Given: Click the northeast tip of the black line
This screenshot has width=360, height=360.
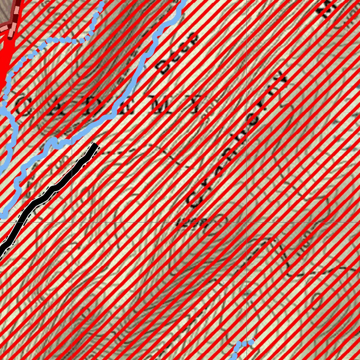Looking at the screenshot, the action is coord(95,145).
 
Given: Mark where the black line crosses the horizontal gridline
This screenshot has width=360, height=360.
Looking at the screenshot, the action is coord(17,222).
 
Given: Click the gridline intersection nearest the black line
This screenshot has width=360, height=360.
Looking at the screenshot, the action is coord(72,222).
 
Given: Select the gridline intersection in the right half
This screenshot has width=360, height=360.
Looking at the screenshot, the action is coord(246,222).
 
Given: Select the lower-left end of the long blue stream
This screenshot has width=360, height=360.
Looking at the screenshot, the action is coord(4,213).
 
